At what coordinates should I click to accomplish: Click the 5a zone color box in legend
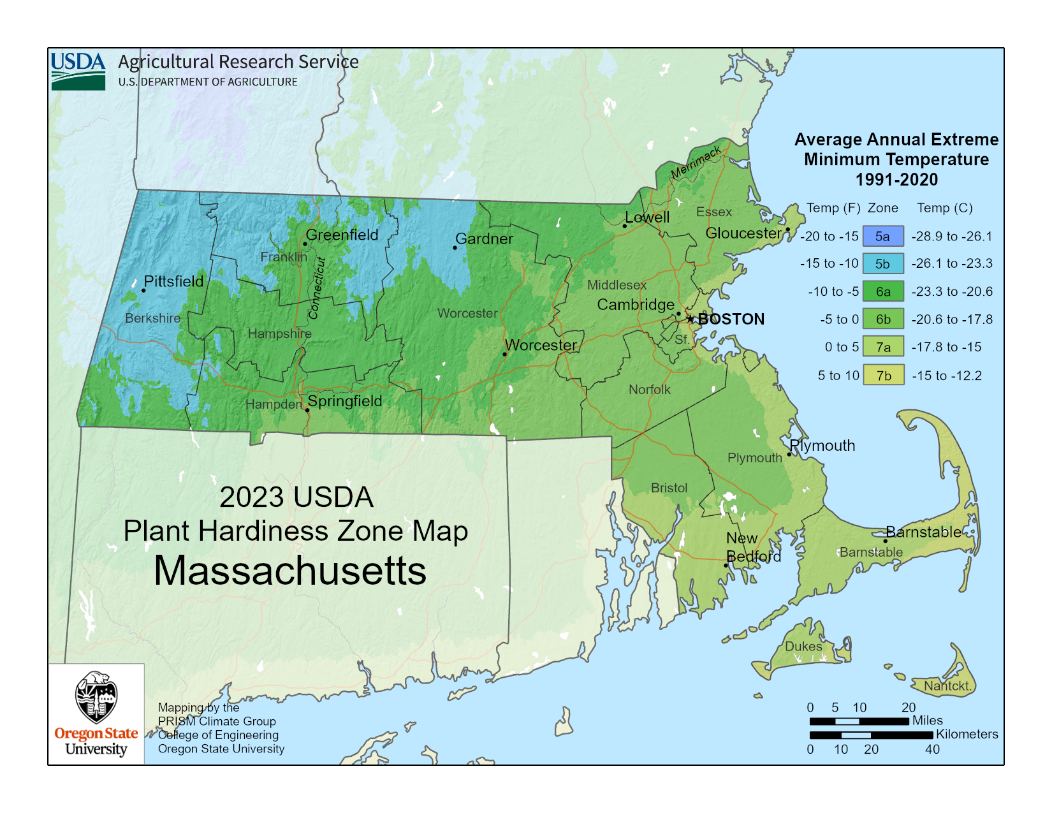[883, 236]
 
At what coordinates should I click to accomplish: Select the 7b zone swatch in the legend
[883, 375]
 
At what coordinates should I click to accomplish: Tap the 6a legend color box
[883, 291]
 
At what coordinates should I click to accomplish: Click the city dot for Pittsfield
[143, 290]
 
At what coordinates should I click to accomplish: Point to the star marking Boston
[690, 318]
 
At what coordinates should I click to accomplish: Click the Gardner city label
[484, 239]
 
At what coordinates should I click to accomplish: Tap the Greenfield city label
[342, 235]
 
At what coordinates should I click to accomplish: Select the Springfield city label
[345, 401]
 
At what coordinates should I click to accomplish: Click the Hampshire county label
[279, 333]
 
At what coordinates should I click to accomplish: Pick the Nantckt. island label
[947, 686]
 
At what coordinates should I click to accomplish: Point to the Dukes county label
[803, 647]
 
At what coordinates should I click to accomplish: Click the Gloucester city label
[743, 233]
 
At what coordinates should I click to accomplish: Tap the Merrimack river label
[696, 162]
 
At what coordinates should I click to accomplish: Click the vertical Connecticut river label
[317, 288]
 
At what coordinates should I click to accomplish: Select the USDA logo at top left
[78, 70]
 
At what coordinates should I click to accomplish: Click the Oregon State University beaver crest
[96, 697]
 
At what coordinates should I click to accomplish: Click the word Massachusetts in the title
[290, 571]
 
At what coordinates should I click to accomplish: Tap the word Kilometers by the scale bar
[967, 734]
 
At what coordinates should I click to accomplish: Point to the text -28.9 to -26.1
[952, 237]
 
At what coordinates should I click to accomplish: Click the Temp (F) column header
[833, 208]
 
